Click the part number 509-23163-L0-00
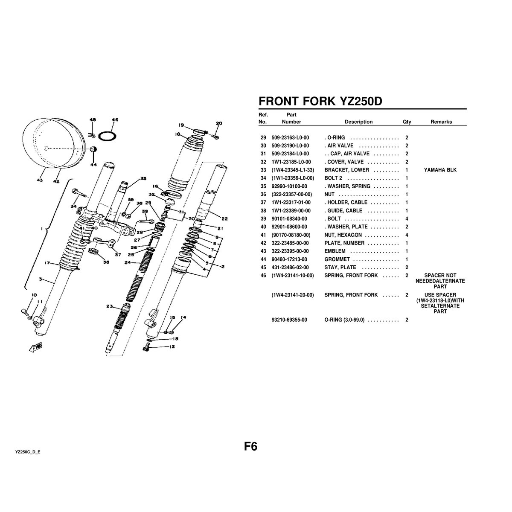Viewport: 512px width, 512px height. pyautogui.click(x=290, y=138)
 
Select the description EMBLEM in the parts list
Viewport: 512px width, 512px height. pyautogui.click(x=335, y=251)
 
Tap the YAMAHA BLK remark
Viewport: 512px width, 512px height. pyautogui.click(x=440, y=170)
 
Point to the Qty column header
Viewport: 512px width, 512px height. pyautogui.click(x=407, y=122)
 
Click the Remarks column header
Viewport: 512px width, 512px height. pyautogui.click(x=441, y=122)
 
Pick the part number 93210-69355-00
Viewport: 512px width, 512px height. pyautogui.click(x=289, y=320)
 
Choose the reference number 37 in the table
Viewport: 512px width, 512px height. pyautogui.click(x=263, y=203)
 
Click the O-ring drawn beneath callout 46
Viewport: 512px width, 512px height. pyautogui.click(x=107, y=136)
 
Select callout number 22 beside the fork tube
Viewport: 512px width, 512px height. pyautogui.click(x=224, y=219)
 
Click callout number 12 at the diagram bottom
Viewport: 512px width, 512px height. pyautogui.click(x=172, y=347)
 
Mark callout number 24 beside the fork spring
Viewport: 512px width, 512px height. pyautogui.click(x=127, y=262)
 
